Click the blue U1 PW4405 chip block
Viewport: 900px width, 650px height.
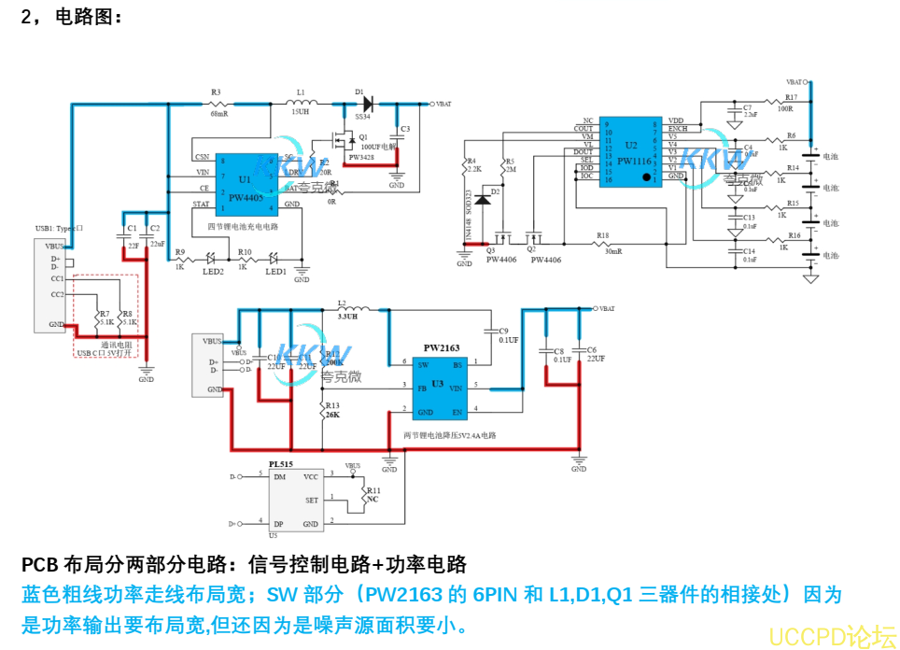point(246,184)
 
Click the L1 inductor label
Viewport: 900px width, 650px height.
point(300,92)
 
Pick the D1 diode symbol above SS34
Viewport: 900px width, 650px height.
point(366,104)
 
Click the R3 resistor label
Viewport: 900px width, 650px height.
point(216,92)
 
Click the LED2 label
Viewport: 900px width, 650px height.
point(213,272)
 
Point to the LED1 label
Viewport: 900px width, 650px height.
point(275,272)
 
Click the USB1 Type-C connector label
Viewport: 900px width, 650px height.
point(60,228)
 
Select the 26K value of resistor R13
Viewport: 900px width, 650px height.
point(333,414)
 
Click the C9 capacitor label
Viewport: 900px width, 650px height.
point(503,331)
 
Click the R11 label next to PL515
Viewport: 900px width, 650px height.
point(373,490)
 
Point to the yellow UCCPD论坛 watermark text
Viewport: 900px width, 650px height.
point(831,636)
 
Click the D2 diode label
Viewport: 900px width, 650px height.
point(496,191)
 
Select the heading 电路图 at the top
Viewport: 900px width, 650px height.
point(89,16)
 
